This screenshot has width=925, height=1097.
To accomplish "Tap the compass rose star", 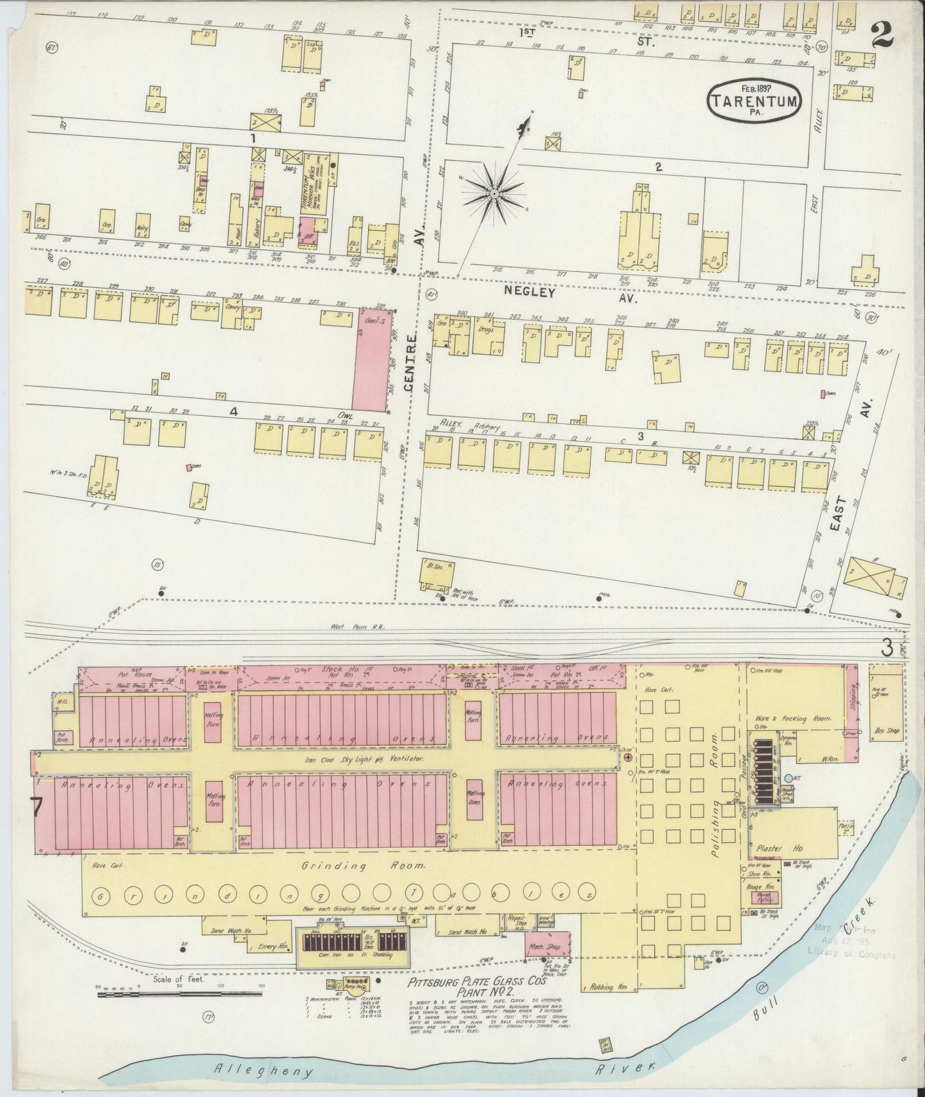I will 494,192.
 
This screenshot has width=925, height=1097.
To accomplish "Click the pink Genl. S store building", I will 370,362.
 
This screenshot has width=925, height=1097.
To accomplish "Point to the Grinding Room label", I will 364,867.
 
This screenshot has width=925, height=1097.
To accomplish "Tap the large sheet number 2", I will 883,33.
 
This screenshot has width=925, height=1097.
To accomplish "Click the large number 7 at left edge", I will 36,806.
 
